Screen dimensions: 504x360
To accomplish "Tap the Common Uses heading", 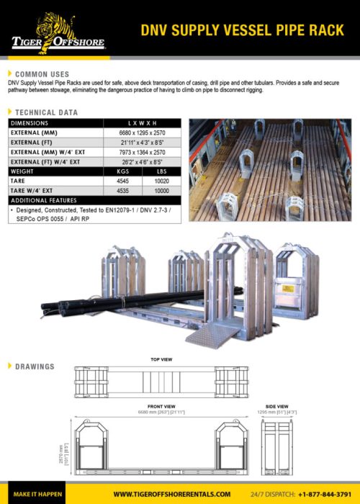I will pyautogui.click(x=42, y=74).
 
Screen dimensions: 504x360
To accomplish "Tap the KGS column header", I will pyautogui.click(x=122, y=172).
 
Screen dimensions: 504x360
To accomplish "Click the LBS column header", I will pyautogui.click(x=158, y=172).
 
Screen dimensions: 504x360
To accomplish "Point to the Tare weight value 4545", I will pyautogui.click(x=122, y=182).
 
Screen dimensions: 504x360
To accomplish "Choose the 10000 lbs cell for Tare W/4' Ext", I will pyautogui.click(x=158, y=192).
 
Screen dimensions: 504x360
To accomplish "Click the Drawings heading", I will pyautogui.click(x=34, y=366).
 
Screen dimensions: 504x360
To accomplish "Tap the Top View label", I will pyautogui.click(x=161, y=359).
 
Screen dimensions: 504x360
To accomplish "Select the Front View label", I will pyautogui.click(x=161, y=406).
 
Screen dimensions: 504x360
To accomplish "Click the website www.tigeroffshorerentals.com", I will pyautogui.click(x=173, y=494).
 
